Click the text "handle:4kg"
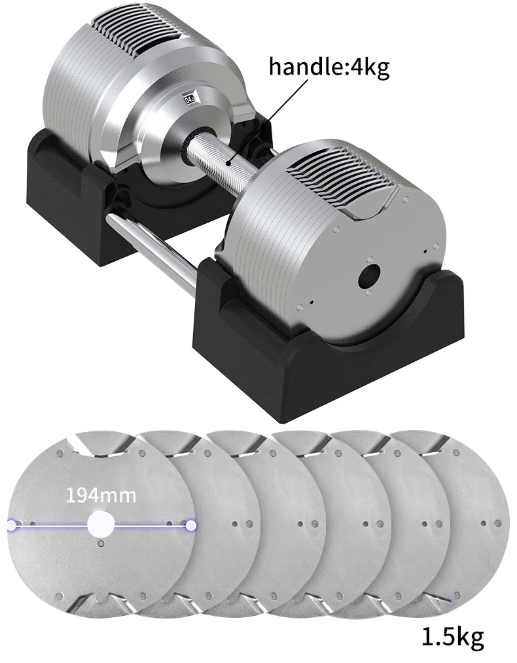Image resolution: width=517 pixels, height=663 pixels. (329, 67)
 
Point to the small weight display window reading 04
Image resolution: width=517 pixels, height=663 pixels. (190, 99)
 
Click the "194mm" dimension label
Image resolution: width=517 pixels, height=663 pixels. (101, 495)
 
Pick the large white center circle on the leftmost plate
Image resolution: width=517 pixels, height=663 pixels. (101, 524)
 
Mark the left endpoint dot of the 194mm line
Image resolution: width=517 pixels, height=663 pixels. (12, 524)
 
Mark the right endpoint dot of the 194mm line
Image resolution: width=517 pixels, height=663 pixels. (190, 524)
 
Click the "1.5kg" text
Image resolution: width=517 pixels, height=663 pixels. (452, 638)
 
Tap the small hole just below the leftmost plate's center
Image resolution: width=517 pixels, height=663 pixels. (100, 544)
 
